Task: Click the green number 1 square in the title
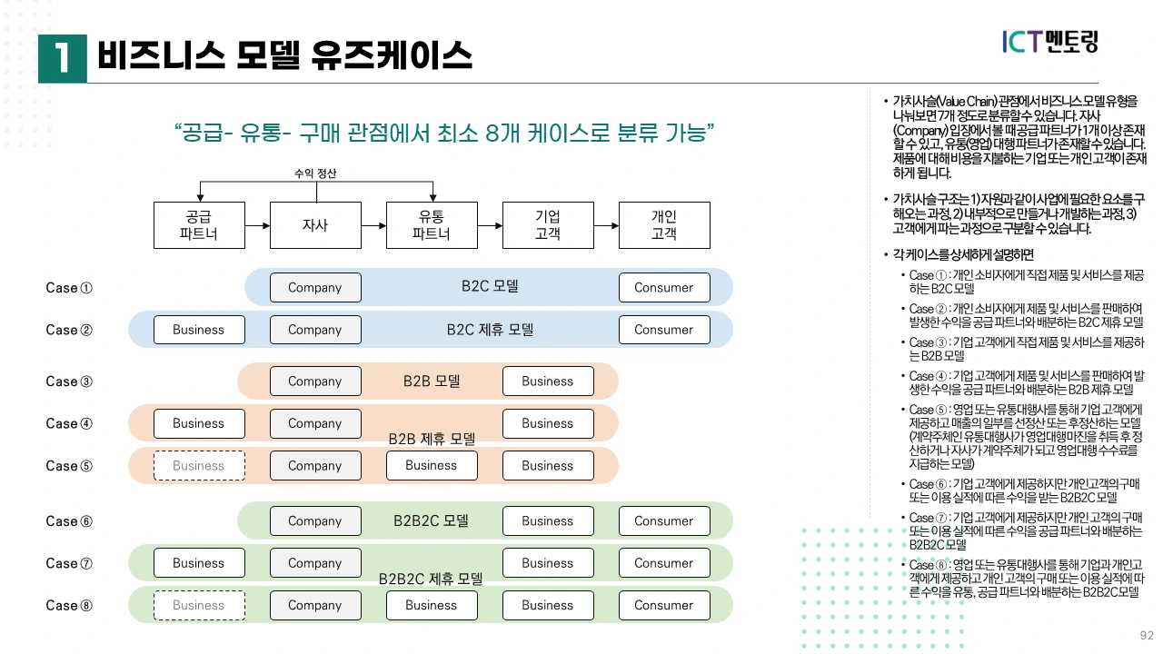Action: (63, 58)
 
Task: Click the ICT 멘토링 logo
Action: (1050, 41)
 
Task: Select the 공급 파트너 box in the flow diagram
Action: (199, 224)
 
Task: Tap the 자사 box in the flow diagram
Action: (315, 224)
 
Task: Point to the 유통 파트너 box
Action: (432, 224)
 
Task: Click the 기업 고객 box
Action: (548, 224)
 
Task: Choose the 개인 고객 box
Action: (664, 224)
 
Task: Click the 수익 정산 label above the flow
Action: (315, 173)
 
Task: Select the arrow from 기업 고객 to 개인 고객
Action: (606, 224)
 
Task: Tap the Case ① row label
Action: (69, 288)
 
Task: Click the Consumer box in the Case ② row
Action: (664, 330)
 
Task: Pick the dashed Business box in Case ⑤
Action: (199, 466)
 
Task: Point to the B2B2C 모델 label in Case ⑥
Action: (432, 520)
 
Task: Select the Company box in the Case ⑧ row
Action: (315, 605)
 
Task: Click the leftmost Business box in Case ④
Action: (199, 423)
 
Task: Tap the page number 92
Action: (1147, 635)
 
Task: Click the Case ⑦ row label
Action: (69, 563)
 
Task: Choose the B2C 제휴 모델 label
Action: (490, 330)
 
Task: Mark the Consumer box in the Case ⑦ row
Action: (664, 563)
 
